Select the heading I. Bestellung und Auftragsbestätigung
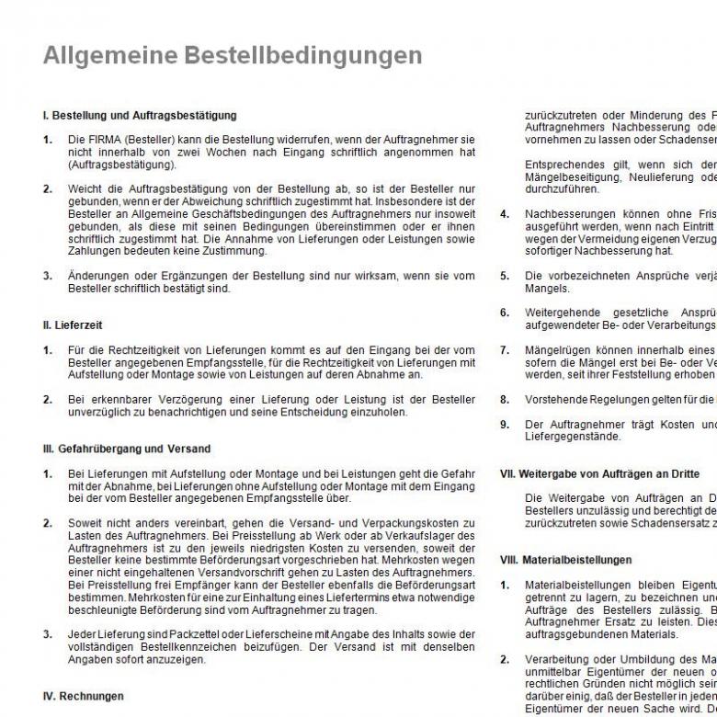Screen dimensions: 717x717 [x=140, y=116]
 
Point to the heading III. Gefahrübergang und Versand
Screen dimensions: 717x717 [x=127, y=449]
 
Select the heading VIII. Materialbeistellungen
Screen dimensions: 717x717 [x=565, y=559]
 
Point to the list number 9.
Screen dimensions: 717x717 [x=504, y=424]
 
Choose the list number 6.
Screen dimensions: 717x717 [x=504, y=313]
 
